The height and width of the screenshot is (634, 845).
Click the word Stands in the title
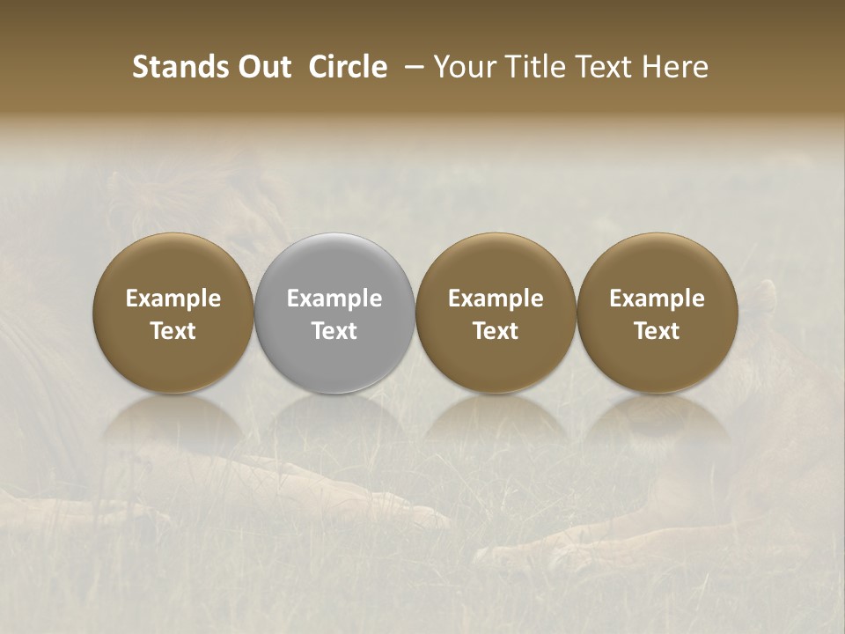pyautogui.click(x=170, y=67)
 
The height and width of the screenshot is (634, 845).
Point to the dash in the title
pyautogui.click(x=410, y=67)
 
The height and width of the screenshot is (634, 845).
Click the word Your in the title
pyautogui.click(x=462, y=67)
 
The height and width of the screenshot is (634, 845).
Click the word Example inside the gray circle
pyautogui.click(x=334, y=299)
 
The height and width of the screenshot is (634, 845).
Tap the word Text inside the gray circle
pyautogui.click(x=334, y=331)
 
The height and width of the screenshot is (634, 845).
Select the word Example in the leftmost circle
pyautogui.click(x=173, y=299)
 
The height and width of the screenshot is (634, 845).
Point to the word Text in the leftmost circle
pyautogui.click(x=173, y=331)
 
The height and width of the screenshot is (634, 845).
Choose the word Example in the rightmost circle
pyautogui.click(x=657, y=299)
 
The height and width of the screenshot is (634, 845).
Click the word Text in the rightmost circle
pyautogui.click(x=657, y=331)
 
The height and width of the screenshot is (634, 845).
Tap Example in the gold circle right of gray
pyautogui.click(x=496, y=299)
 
